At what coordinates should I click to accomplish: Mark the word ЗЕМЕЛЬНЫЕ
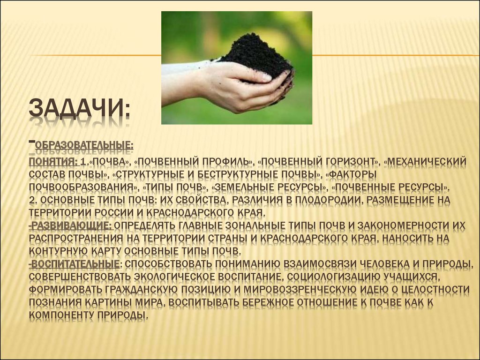[243, 187]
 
